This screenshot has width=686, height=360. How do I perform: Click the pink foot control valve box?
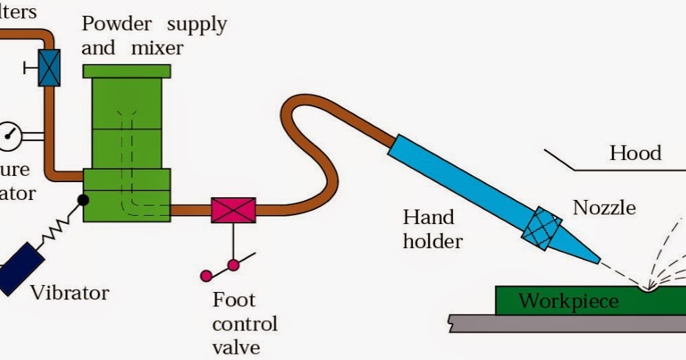tap(233, 210)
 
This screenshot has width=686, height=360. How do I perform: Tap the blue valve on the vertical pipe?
tap(49, 68)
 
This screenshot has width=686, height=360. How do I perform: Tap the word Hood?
tap(634, 153)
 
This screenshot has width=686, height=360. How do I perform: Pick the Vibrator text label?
tap(69, 293)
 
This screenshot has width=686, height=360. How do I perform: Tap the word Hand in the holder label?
tap(428, 218)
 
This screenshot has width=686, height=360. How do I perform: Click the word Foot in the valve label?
tap(234, 300)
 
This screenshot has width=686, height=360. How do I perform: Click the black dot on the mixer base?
tap(83, 200)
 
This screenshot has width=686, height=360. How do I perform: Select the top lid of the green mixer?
tap(126, 70)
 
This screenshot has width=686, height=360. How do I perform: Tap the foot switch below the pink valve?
tap(227, 268)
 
